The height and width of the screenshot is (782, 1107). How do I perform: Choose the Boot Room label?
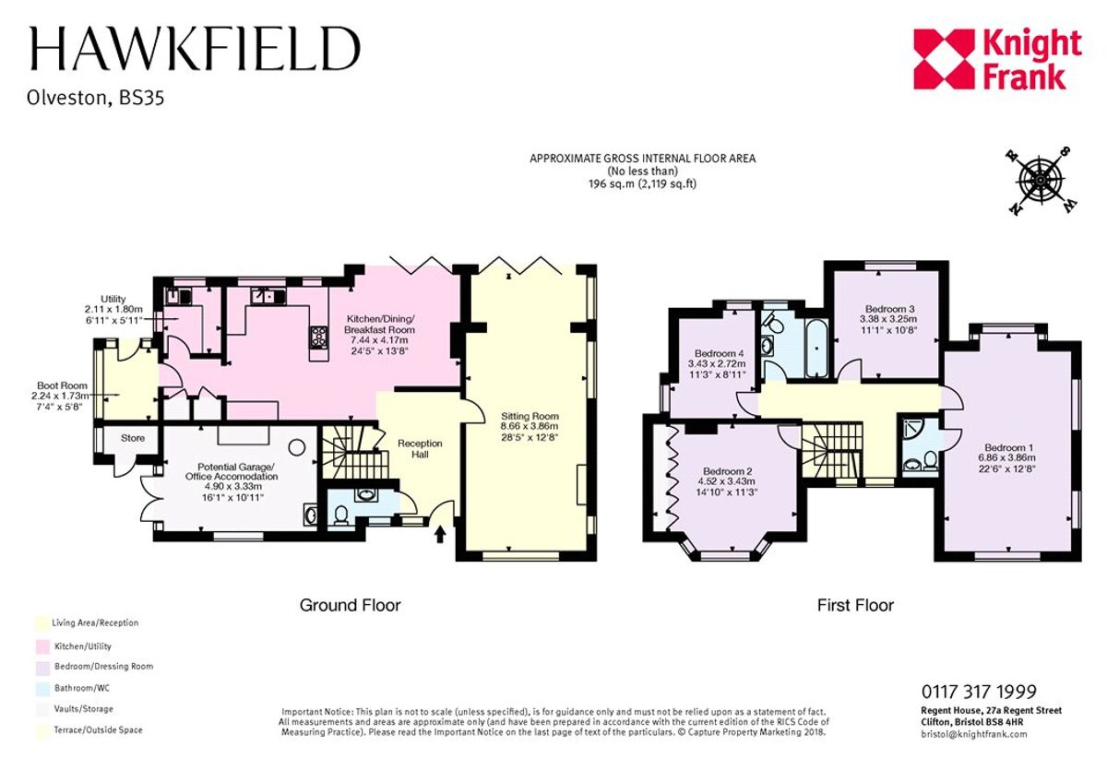(x=61, y=386)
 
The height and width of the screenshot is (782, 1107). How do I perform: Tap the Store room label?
(x=132, y=437)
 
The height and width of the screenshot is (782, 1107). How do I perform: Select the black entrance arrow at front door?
(x=439, y=533)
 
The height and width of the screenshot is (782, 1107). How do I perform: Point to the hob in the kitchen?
(x=319, y=337)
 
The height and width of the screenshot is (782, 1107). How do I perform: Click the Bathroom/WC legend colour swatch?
(x=40, y=687)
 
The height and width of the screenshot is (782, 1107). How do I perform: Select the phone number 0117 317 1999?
(x=978, y=692)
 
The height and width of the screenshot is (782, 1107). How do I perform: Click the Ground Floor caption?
(x=350, y=605)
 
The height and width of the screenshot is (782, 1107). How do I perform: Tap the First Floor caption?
(x=855, y=605)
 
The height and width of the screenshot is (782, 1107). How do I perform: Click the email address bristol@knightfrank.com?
(x=973, y=734)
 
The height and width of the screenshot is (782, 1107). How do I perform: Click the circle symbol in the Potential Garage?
(x=296, y=446)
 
